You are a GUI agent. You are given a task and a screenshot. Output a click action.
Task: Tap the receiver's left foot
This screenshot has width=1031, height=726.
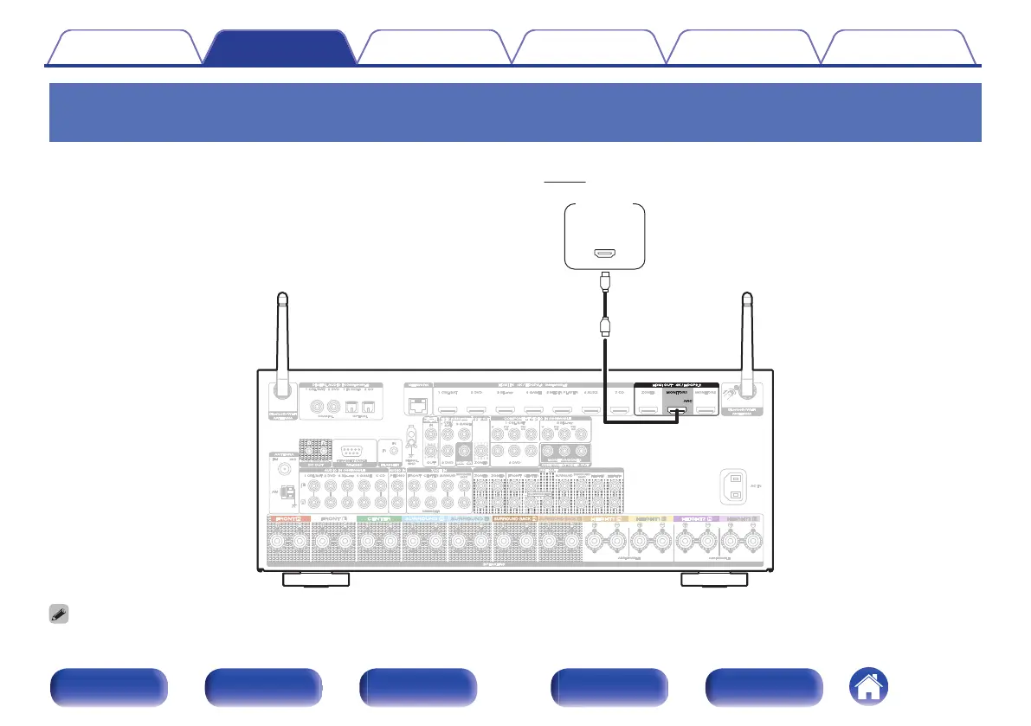click(317, 579)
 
